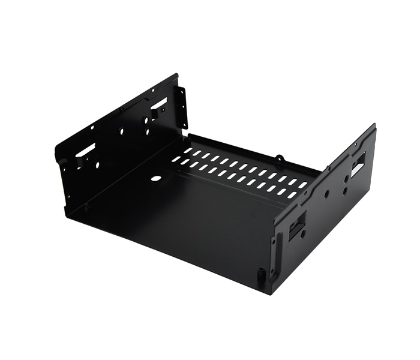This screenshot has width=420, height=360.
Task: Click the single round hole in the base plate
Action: coord(156,178)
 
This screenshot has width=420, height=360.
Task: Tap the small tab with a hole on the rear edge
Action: coord(280,158)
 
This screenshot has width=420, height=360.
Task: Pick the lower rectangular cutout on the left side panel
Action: coord(85,149)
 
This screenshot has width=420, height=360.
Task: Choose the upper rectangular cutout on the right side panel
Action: coord(358,164)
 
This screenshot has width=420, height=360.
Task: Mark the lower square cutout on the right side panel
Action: coord(297,227)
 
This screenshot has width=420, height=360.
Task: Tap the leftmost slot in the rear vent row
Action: coord(188,151)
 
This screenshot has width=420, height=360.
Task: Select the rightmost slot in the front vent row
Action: coord(292,195)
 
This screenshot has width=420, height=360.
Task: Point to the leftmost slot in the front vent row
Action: coord(176,160)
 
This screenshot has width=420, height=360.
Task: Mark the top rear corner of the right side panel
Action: coord(374,125)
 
